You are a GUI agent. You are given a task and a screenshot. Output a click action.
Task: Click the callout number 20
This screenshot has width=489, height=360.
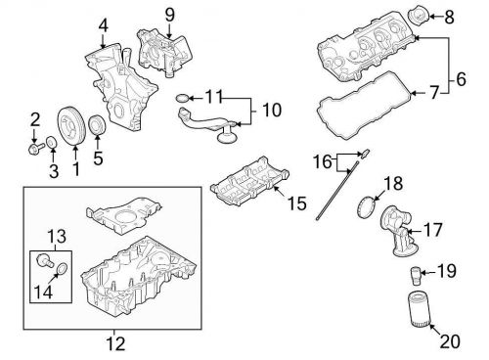pyautogui.click(x=448, y=341)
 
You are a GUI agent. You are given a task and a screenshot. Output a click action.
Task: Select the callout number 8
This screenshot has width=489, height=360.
pyautogui.click(x=450, y=17)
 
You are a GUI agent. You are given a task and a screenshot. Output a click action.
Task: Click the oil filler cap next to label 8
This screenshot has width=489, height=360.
pyautogui.click(x=418, y=16)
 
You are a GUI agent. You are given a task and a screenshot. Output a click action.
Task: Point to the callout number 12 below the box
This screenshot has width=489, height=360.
pyautogui.click(x=114, y=342)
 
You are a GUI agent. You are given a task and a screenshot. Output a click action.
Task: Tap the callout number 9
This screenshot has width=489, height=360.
pyautogui.click(x=168, y=14)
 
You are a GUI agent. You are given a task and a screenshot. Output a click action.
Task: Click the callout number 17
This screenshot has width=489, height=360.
pyautogui.click(x=432, y=232)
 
